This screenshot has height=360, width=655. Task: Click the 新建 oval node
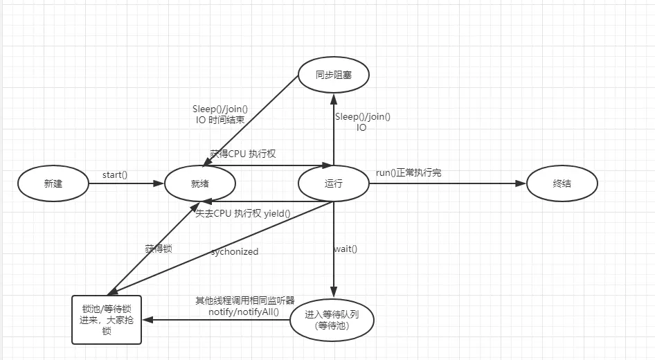(x=53, y=184)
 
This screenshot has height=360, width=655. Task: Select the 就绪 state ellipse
(x=199, y=184)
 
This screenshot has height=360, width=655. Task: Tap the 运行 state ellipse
(x=333, y=184)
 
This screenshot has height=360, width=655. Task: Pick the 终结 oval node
(x=562, y=184)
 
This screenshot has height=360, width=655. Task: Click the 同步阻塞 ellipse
(x=333, y=75)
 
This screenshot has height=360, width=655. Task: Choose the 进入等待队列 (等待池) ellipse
(x=333, y=319)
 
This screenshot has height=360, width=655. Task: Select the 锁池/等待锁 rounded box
(x=107, y=319)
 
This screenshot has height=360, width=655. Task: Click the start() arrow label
(x=115, y=174)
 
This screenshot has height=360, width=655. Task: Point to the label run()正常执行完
(x=409, y=172)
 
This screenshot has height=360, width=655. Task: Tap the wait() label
(x=346, y=249)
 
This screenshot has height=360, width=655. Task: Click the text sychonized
(x=235, y=252)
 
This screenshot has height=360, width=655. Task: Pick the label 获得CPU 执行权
(x=243, y=154)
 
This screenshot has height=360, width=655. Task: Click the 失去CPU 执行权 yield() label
(x=243, y=214)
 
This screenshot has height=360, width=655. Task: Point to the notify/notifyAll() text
(x=244, y=312)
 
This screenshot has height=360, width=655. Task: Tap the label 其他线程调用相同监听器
(x=245, y=300)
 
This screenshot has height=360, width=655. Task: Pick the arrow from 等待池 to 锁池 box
(x=215, y=320)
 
